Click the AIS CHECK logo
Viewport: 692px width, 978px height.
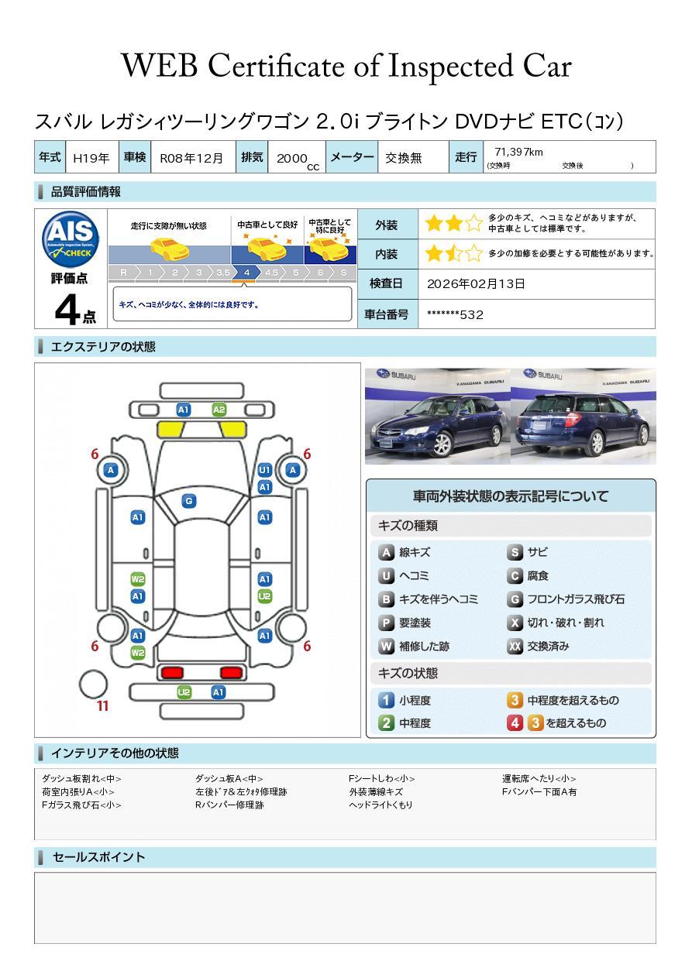(71, 239)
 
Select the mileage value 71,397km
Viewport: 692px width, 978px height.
(518, 152)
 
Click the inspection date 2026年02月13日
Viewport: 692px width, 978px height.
(476, 283)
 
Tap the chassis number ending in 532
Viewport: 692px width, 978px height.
(455, 314)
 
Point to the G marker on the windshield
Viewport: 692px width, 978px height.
(189, 501)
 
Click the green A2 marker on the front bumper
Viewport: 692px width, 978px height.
(219, 410)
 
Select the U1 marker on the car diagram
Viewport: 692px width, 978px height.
(265, 470)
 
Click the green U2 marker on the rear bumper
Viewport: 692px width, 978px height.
(184, 692)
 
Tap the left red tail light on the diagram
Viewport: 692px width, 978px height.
(172, 672)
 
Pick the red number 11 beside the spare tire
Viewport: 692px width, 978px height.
(102, 705)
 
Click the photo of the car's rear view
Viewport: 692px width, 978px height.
(584, 416)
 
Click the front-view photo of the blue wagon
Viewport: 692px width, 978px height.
(437, 416)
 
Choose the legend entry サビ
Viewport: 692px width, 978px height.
(527, 552)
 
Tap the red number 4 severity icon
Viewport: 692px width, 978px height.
(515, 722)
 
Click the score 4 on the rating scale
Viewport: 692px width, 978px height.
(246, 273)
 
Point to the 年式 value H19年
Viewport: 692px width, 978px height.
(91, 158)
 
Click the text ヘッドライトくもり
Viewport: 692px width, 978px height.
(380, 805)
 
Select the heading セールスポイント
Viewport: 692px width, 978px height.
(98, 856)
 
